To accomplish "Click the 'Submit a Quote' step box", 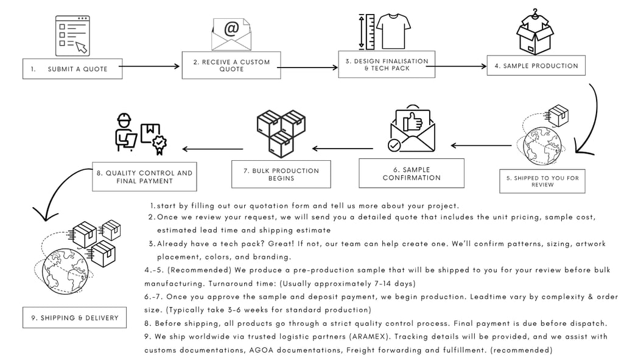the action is [72, 69].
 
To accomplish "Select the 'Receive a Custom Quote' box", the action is [231, 65].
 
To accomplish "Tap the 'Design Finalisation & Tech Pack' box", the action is [387, 65].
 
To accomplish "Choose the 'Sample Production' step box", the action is [536, 66].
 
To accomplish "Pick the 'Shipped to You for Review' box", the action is [542, 182].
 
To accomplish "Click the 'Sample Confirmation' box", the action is [412, 174].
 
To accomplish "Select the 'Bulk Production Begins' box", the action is [281, 174].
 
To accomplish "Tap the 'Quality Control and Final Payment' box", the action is [144, 177].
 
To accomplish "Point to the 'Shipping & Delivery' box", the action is [74, 317].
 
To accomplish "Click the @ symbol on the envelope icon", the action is [231, 29].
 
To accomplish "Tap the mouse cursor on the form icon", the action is [82, 48].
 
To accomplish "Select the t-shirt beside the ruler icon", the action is [393, 31].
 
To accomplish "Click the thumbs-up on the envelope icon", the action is [413, 121].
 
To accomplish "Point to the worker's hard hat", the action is [124, 119].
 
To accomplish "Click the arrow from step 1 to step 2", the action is [149, 66].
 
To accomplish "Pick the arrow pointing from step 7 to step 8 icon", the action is [212, 149].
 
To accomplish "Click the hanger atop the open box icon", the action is [535, 14].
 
